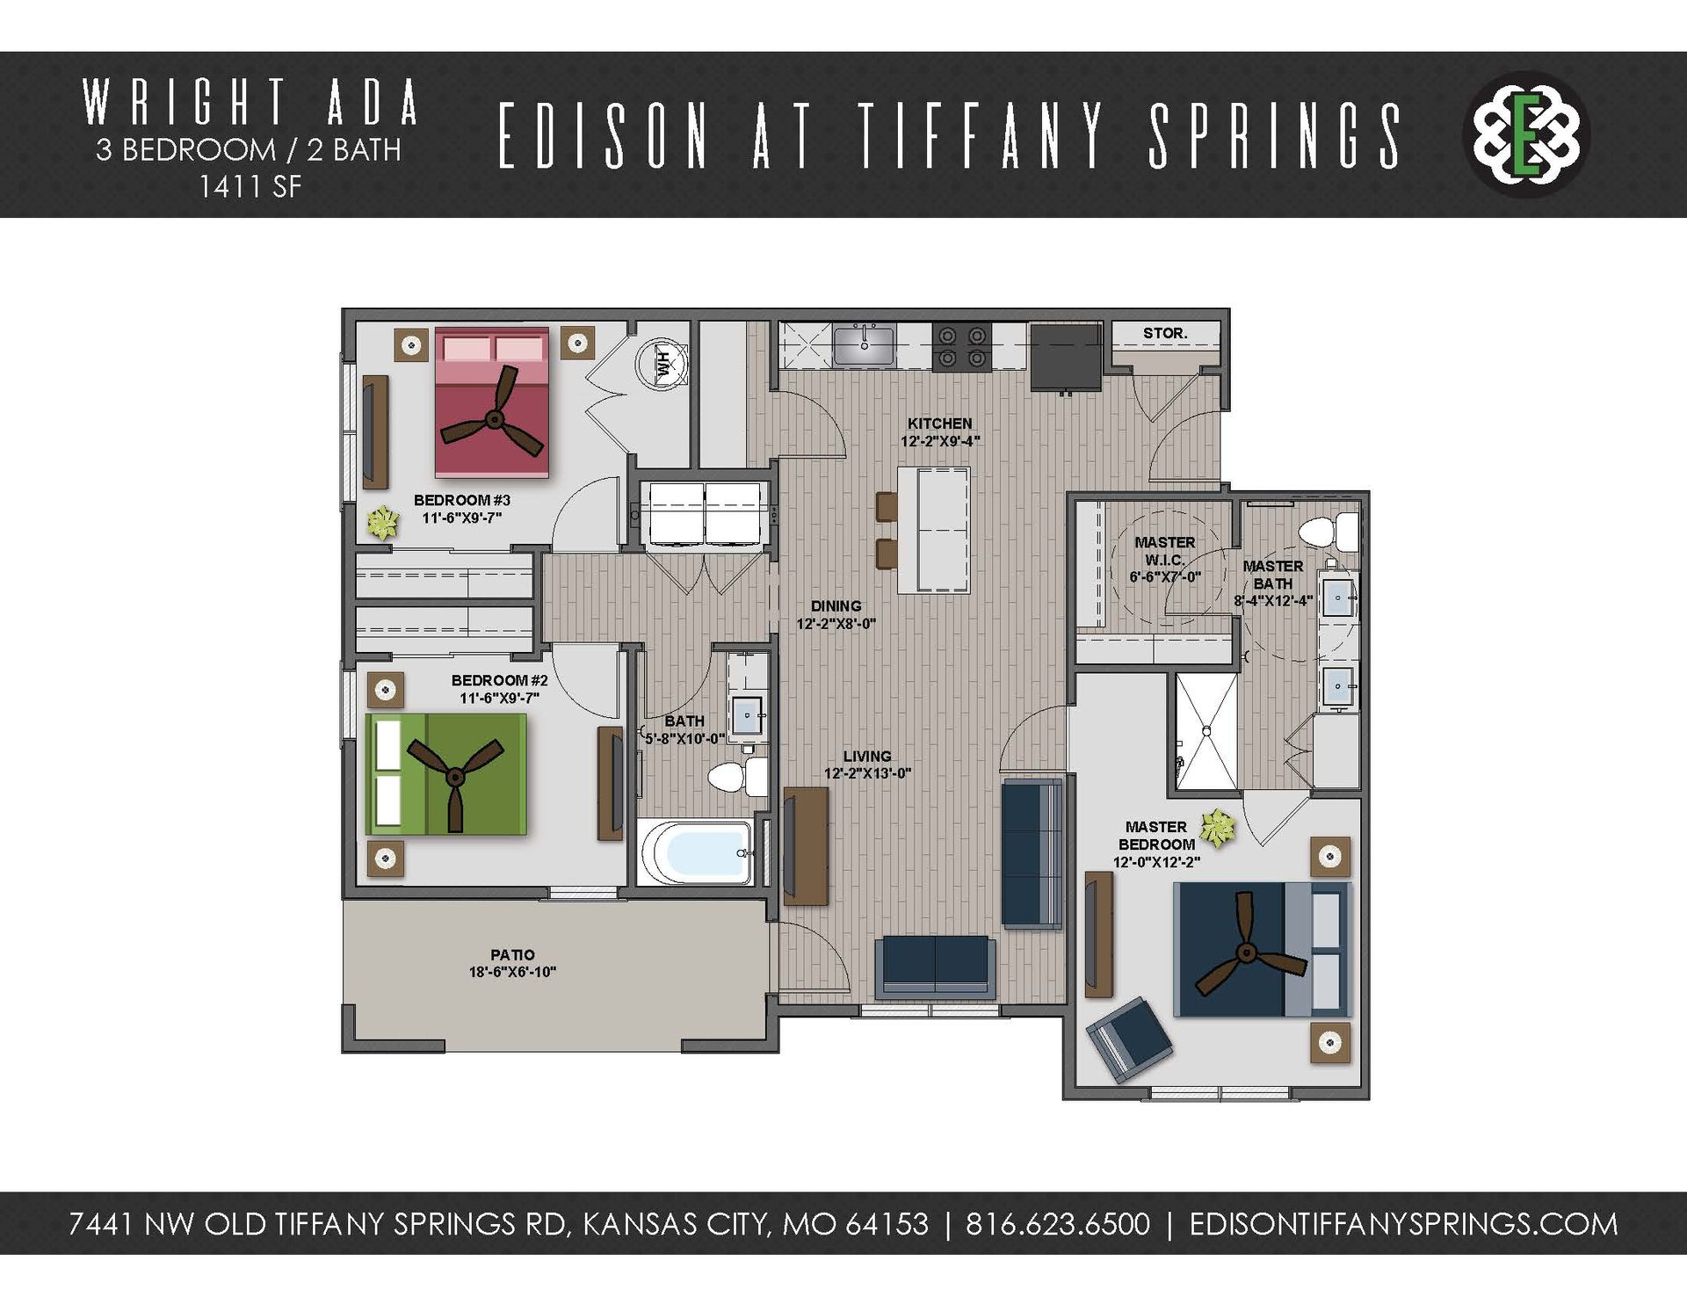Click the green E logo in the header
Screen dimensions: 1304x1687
[1528, 134]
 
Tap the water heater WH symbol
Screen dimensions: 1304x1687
[665, 361]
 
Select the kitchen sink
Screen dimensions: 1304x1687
[864, 344]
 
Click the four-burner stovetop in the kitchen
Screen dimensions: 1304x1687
[961, 346]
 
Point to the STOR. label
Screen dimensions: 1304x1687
[1165, 333]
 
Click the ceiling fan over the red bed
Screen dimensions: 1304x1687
[494, 420]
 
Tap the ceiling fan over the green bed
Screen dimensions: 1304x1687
[454, 777]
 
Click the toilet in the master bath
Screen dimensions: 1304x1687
[1327, 532]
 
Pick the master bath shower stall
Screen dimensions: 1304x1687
[1206, 731]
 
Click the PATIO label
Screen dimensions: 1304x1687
[512, 954]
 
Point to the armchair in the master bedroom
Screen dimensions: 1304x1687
[1129, 1040]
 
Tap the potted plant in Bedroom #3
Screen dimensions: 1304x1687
[382, 524]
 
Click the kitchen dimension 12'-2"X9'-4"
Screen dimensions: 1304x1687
[939, 441]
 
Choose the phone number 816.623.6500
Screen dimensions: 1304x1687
[1057, 1224]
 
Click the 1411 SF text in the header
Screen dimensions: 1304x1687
[250, 186]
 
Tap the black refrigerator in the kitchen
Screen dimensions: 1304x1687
[1065, 357]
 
